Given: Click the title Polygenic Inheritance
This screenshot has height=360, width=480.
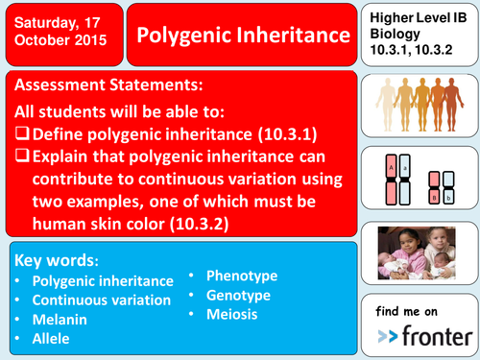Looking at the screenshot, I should (242, 36).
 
